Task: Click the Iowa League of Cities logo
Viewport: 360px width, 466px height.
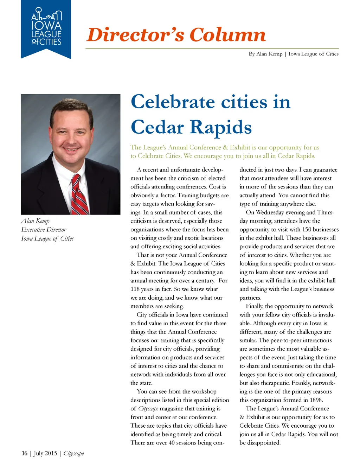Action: point(46,29)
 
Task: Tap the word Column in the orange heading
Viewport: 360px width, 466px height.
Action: point(227,35)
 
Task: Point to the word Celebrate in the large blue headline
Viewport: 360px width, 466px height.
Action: point(173,102)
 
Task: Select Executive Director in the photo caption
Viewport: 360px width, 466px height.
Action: point(44,230)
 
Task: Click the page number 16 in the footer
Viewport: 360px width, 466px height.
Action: point(24,453)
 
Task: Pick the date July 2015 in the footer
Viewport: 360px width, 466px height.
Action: point(45,453)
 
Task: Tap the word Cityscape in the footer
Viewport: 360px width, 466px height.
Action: point(73,453)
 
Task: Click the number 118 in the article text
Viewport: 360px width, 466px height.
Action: point(135,289)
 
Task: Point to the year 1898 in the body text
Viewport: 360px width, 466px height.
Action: point(316,400)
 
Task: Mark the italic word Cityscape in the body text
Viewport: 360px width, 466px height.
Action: point(148,409)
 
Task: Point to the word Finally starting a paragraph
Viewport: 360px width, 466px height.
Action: point(255,306)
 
